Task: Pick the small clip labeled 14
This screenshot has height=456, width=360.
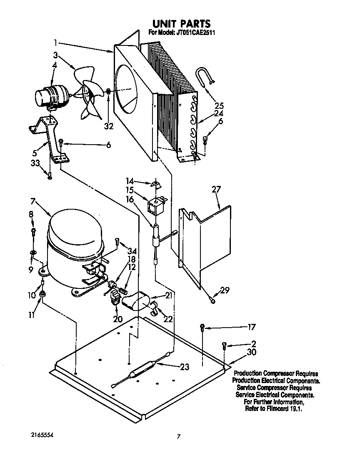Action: (x=156, y=184)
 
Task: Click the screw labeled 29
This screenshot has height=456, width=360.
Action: (x=213, y=300)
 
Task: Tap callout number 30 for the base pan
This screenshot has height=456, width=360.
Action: (x=251, y=352)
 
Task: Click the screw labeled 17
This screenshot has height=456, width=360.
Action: (x=202, y=327)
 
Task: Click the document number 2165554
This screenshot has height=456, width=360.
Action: (x=42, y=435)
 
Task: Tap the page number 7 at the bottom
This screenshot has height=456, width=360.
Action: (x=179, y=437)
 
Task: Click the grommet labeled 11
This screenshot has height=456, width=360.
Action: (x=42, y=296)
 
